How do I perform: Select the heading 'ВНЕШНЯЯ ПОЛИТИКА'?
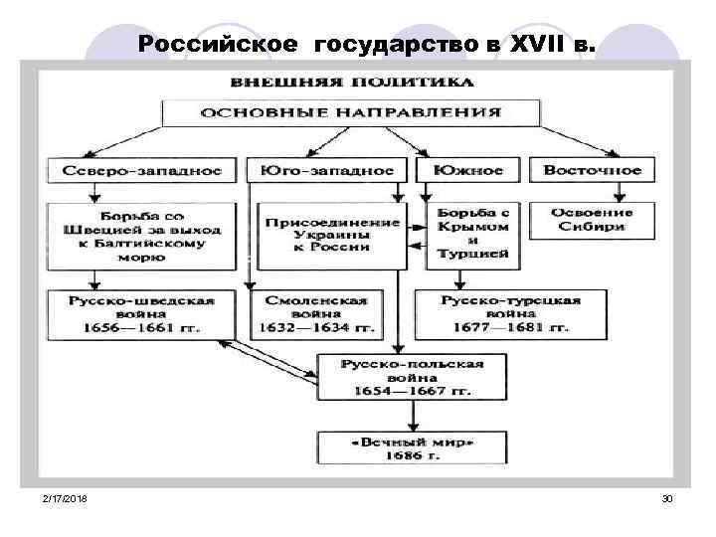click(x=352, y=81)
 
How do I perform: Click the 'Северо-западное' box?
click(x=142, y=170)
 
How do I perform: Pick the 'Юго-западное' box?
click(x=327, y=170)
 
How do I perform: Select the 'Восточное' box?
click(x=593, y=170)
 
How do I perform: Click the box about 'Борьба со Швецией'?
click(x=142, y=236)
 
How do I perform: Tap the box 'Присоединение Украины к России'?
click(x=330, y=236)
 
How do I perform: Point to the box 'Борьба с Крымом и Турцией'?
click(x=471, y=235)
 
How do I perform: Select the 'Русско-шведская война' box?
click(x=142, y=312)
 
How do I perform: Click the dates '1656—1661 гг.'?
click(x=142, y=326)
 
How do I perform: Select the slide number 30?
click(x=667, y=496)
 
